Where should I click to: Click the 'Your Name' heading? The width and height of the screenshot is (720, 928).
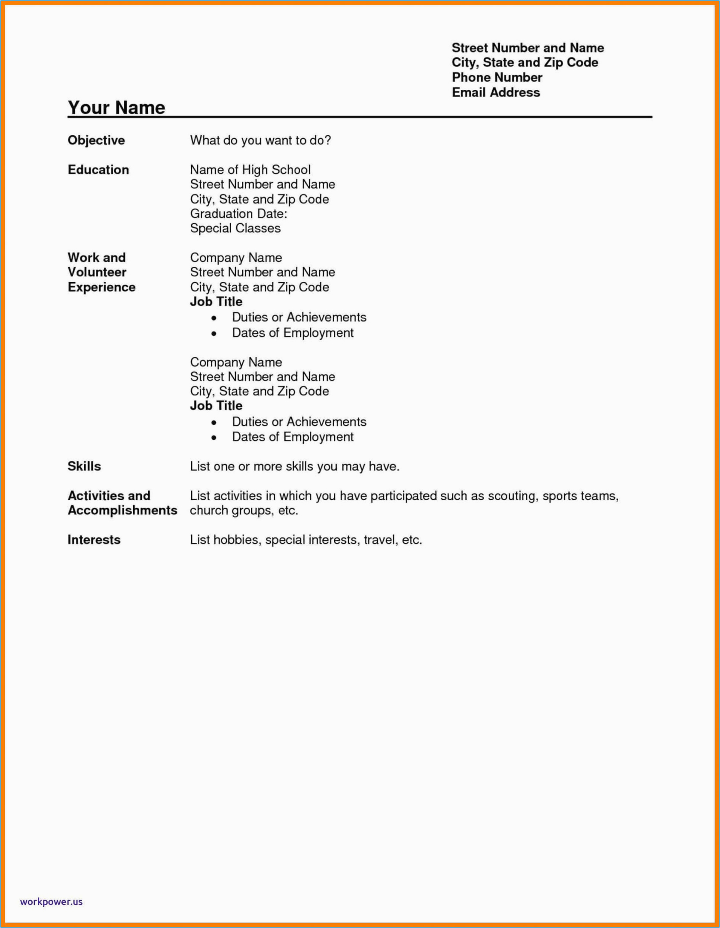[x=116, y=107]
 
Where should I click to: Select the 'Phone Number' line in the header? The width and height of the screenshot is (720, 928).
[x=497, y=77]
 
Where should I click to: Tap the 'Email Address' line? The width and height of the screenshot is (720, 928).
[x=496, y=92]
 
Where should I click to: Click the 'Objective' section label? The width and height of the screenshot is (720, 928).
[x=96, y=140]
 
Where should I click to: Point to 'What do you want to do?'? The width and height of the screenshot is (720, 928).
[x=260, y=140]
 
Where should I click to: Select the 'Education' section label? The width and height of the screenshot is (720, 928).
[x=98, y=170]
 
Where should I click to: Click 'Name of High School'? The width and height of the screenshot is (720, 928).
[x=250, y=170]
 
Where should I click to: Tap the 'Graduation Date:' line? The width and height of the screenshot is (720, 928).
[x=238, y=213]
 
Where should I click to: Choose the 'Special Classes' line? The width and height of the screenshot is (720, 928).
[x=235, y=228]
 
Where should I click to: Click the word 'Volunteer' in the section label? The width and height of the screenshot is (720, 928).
[x=97, y=272]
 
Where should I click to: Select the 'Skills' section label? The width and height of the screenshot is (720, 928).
[x=84, y=466]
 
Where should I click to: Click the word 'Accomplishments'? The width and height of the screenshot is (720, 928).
[x=122, y=510]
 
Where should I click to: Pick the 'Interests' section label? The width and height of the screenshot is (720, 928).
[x=94, y=539]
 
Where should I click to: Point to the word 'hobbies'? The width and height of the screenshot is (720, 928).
[x=237, y=539]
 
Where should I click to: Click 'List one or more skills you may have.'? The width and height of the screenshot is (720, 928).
[x=295, y=466]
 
